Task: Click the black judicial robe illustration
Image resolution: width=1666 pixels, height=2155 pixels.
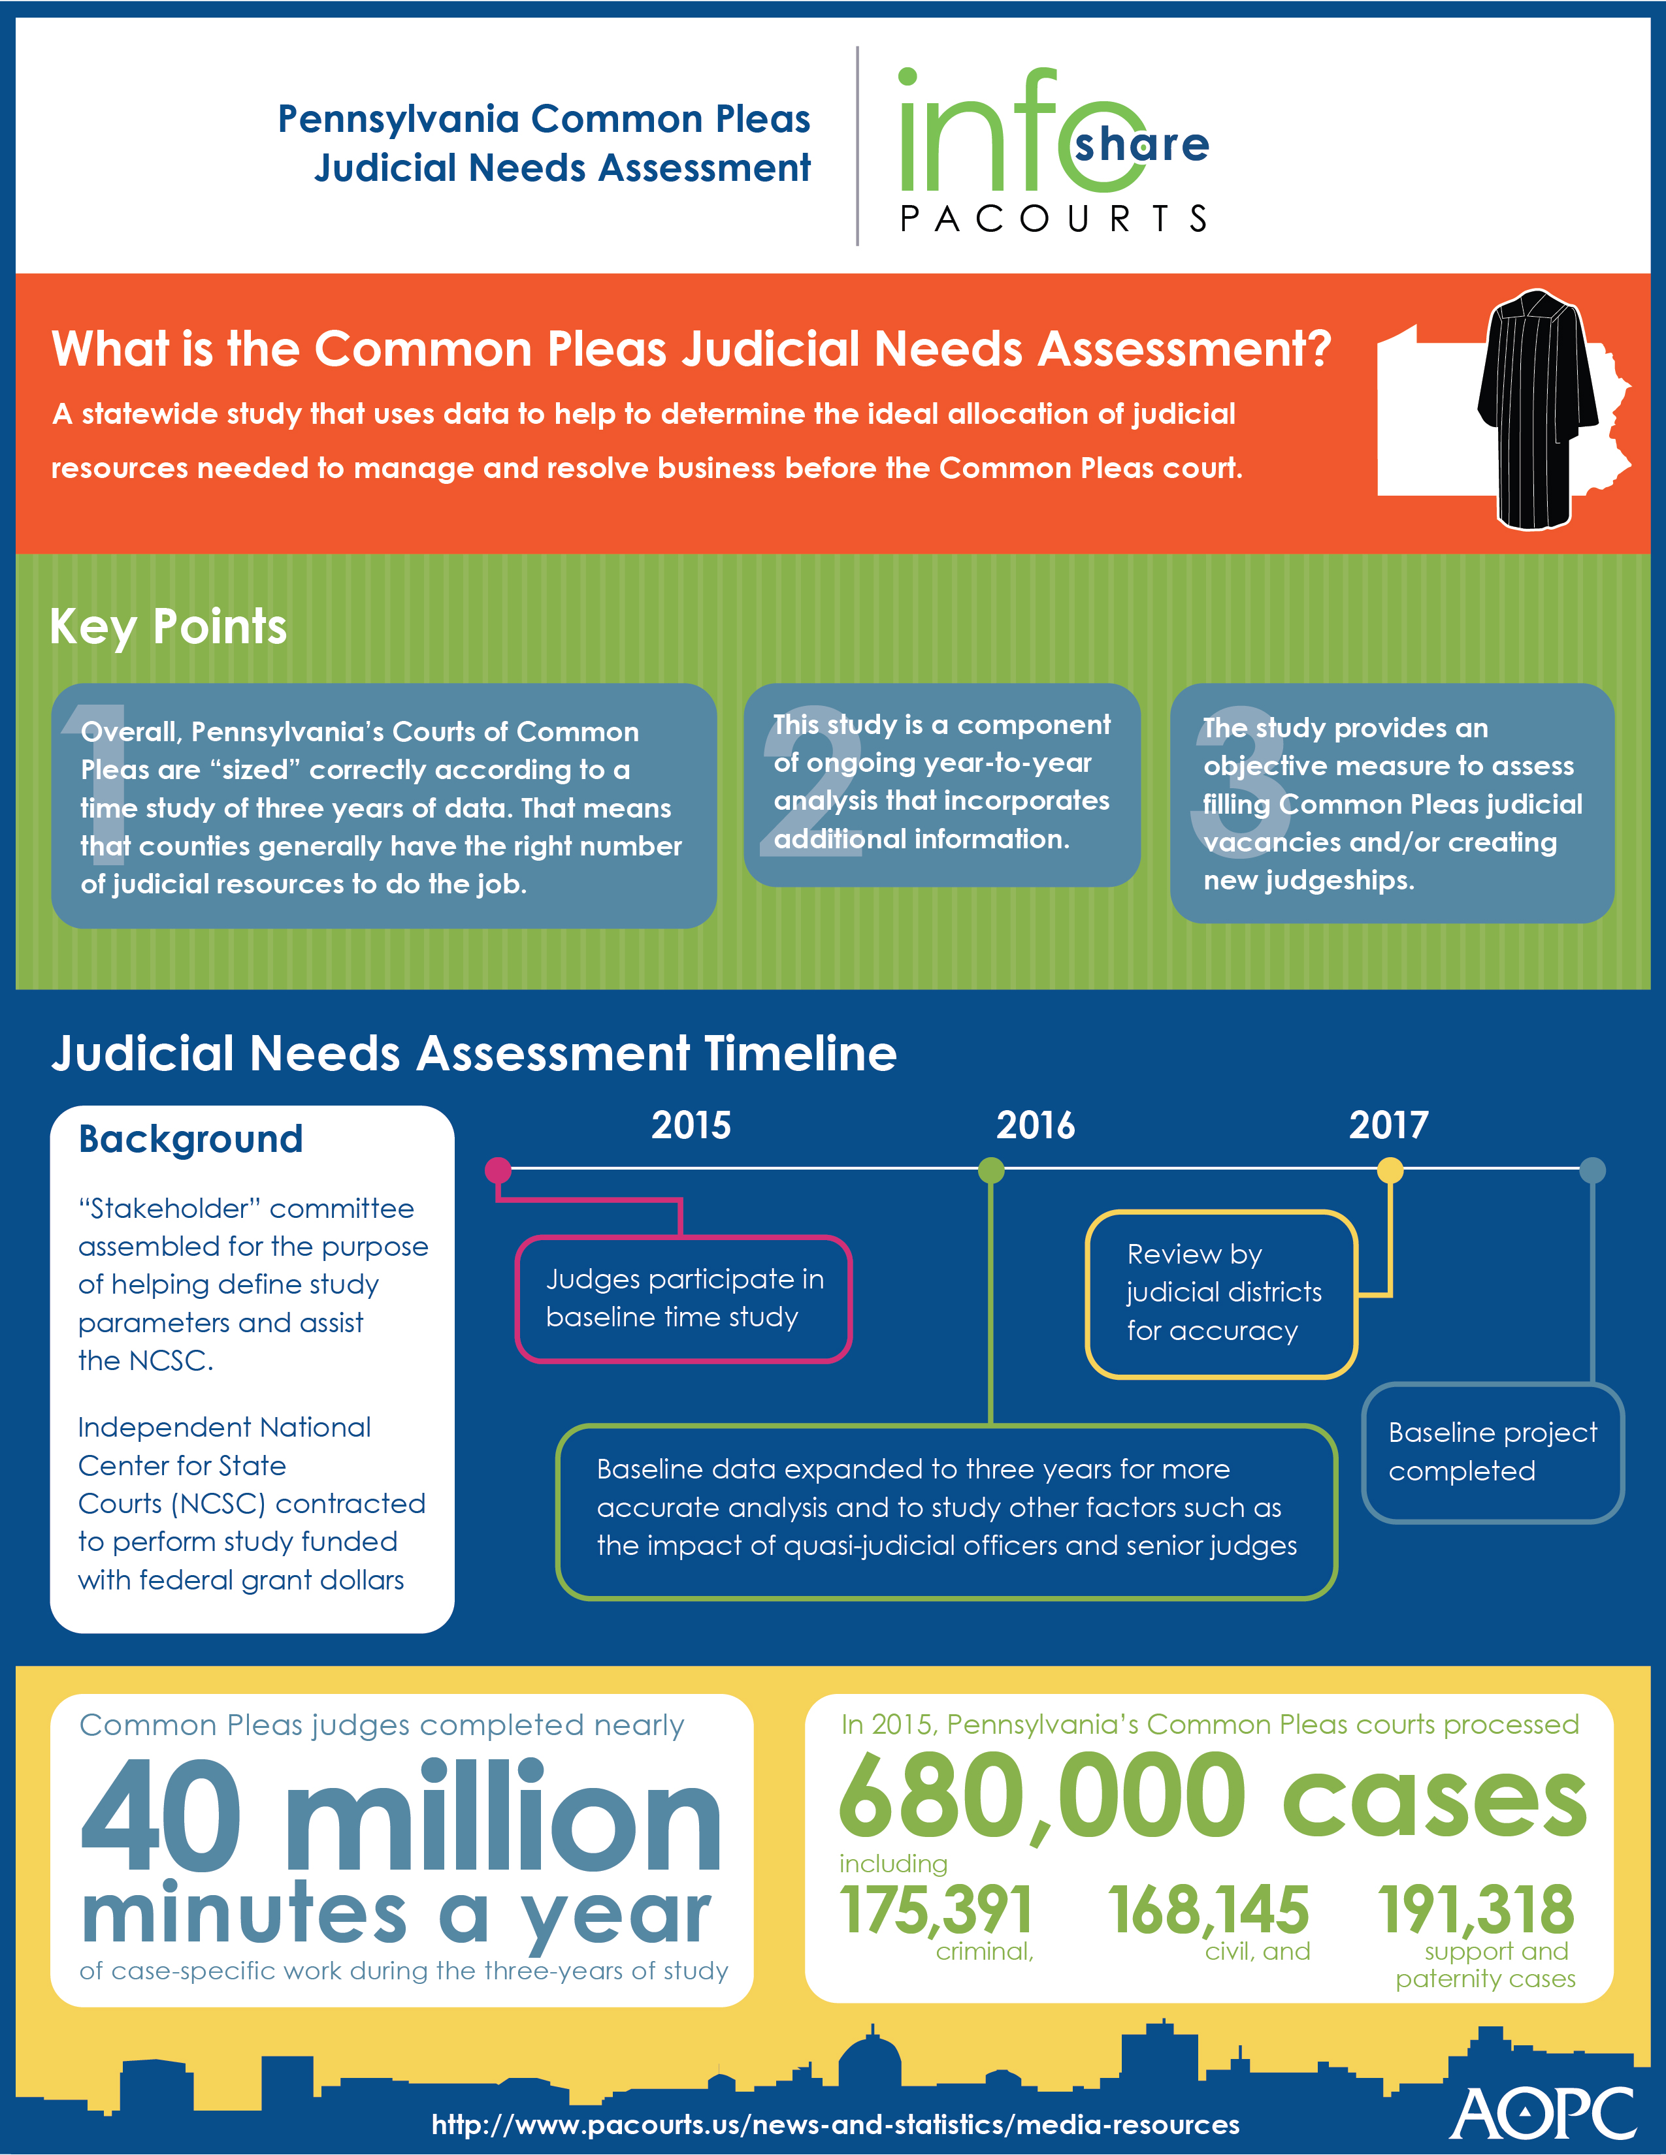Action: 1538,409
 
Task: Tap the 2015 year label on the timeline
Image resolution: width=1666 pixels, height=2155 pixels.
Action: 691,1125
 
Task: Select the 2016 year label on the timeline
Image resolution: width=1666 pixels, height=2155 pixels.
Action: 1036,1125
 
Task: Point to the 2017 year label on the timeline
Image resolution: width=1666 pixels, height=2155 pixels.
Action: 1389,1125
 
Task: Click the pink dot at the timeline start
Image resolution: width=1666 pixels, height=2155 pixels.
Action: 498,1170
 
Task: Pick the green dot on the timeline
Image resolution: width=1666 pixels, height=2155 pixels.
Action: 991,1170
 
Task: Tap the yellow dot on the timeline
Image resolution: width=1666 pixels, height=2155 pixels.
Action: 1390,1170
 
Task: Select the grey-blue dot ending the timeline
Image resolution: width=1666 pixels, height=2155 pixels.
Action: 1592,1170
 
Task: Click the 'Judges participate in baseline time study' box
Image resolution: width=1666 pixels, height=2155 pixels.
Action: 683,1298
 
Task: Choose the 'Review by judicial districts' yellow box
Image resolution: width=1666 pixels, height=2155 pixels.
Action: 1222,1294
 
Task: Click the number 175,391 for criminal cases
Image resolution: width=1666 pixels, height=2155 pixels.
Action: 936,1910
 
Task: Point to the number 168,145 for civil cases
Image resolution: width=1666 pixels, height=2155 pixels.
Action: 1208,1910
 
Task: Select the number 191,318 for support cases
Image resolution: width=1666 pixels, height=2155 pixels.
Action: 1477,1910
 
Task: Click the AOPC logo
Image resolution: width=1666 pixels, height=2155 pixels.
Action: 1543,2115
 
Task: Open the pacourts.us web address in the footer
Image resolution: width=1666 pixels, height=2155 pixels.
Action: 835,2124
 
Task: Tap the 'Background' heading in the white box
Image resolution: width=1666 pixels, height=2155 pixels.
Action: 191,1140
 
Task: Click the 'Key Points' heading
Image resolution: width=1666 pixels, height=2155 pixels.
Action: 168,626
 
